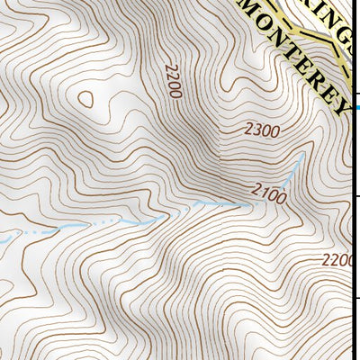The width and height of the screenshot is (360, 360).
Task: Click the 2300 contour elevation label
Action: pyautogui.click(x=262, y=130)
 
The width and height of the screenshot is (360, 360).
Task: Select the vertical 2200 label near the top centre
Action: pyautogui.click(x=174, y=80)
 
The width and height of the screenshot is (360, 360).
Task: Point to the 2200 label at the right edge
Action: pyautogui.click(x=339, y=260)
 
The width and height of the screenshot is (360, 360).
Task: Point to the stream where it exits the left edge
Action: pyautogui.click(x=3, y=238)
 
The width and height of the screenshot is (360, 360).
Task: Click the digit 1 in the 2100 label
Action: pyautogui.click(x=263, y=192)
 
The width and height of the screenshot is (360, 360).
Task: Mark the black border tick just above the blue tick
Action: pyautogui.click(x=356, y=94)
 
